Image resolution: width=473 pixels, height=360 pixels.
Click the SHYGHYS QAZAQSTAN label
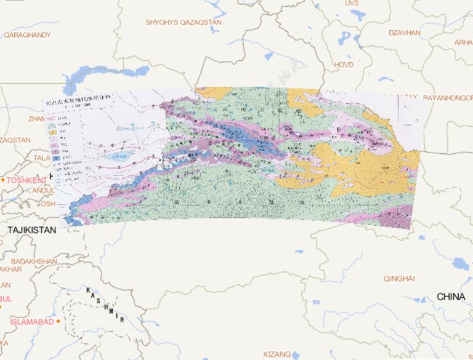click(184, 22)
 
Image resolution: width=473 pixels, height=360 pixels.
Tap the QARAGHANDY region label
click(27, 35)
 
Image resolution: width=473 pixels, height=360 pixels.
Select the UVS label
click(352, 3)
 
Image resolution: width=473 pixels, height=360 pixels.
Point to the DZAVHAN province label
click(404, 32)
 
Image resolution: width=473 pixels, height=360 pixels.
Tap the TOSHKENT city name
click(28, 180)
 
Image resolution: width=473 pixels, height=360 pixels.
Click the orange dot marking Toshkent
click(3, 180)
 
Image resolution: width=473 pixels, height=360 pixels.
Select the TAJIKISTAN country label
click(31, 230)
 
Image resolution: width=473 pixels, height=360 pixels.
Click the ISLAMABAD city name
click(31, 321)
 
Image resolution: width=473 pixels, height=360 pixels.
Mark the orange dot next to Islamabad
click(58, 321)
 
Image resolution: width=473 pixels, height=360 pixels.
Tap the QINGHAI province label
click(399, 278)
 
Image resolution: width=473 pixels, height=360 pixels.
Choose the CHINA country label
click(451, 297)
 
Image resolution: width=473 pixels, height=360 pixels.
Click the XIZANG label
click(277, 354)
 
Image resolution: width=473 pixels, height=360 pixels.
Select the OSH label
click(48, 203)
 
